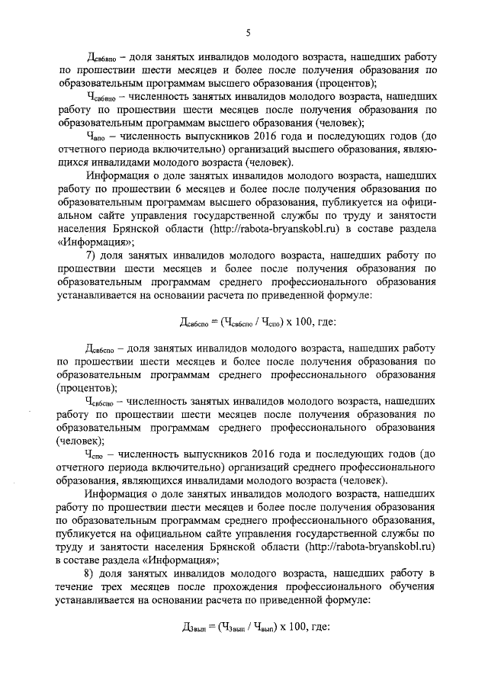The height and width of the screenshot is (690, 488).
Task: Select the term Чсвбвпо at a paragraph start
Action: [103, 98]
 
